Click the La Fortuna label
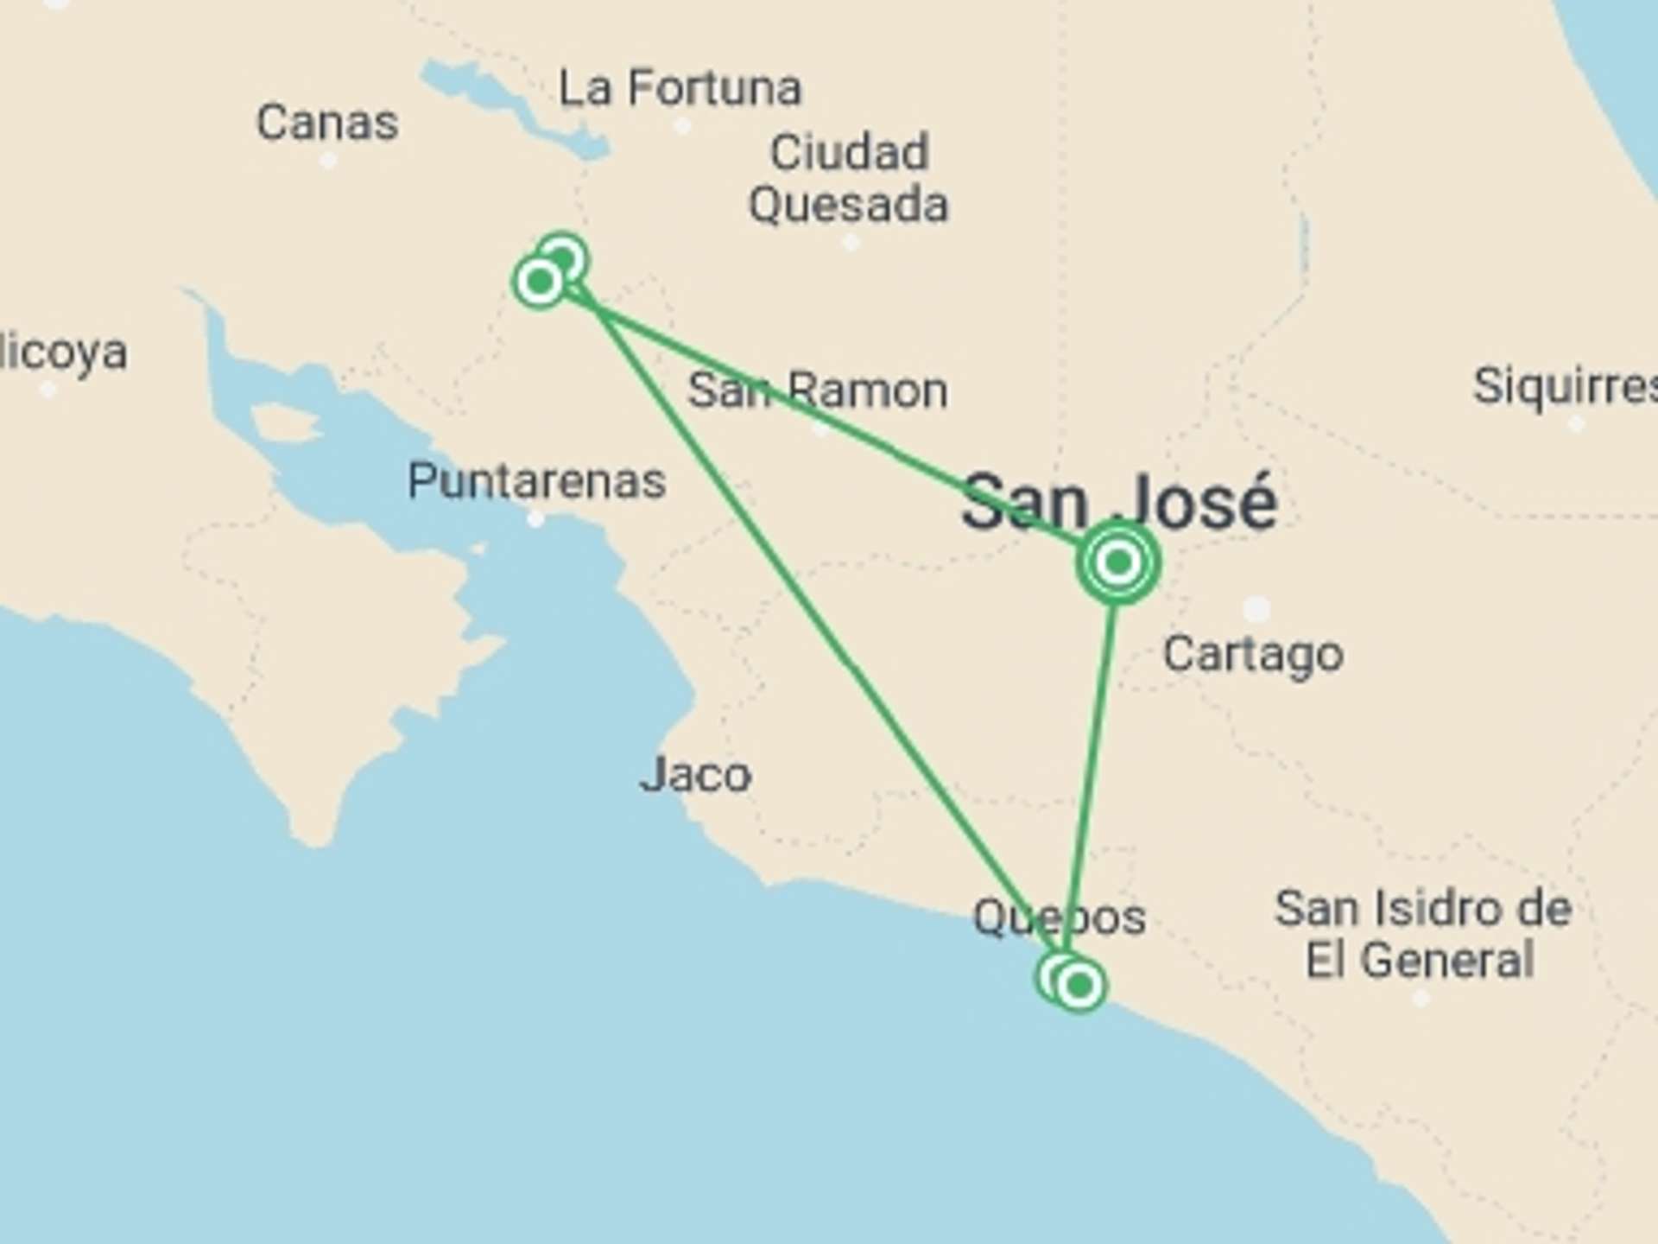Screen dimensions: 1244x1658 pyautogui.click(x=680, y=88)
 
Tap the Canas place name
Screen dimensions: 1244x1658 pyautogui.click(x=327, y=123)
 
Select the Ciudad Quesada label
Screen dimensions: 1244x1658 pyautogui.click(x=849, y=179)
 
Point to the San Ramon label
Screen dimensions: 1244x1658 pyautogui.click(x=817, y=390)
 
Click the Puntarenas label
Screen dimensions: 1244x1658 pyautogui.click(x=536, y=480)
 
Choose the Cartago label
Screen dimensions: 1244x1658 pyautogui.click(x=1253, y=654)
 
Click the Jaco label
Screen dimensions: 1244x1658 pyautogui.click(x=695, y=775)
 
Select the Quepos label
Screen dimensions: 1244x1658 pyautogui.click(x=1060, y=917)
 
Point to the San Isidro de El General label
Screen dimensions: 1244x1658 pyautogui.click(x=1422, y=934)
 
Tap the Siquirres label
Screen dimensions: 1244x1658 pyautogui.click(x=1564, y=385)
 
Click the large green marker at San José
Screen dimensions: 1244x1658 pyautogui.click(x=1117, y=563)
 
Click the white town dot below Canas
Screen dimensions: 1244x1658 pyautogui.click(x=328, y=161)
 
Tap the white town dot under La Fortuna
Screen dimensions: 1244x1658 pyautogui.click(x=682, y=126)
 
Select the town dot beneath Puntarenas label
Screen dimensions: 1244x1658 pyautogui.click(x=535, y=519)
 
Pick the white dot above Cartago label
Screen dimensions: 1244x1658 pyautogui.click(x=1256, y=608)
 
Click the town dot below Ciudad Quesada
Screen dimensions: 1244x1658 pyautogui.click(x=851, y=243)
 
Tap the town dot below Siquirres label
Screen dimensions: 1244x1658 pyautogui.click(x=1576, y=424)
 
